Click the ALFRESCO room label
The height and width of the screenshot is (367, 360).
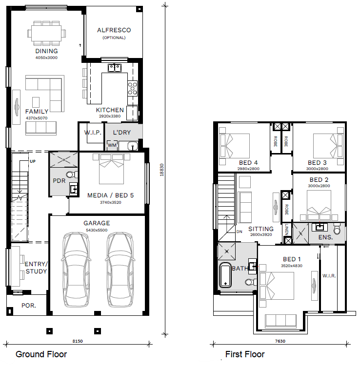(x=114, y=30)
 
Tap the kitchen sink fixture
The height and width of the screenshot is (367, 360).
(x=115, y=68)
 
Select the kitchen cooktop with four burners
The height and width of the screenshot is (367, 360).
(x=132, y=89)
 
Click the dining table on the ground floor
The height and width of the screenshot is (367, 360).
(x=46, y=33)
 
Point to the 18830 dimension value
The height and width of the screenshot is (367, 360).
(x=161, y=170)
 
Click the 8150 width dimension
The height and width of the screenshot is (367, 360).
(x=78, y=341)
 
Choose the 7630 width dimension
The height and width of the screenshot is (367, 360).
(x=280, y=341)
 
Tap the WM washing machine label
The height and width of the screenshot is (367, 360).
(x=112, y=145)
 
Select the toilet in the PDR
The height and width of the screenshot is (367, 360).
(x=72, y=174)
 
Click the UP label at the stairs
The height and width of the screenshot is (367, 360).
(x=33, y=161)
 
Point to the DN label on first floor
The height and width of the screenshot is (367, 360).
(x=239, y=232)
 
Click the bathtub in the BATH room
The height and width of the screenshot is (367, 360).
(x=225, y=275)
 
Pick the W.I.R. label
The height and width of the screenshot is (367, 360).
(x=329, y=276)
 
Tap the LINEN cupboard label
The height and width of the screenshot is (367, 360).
(x=286, y=229)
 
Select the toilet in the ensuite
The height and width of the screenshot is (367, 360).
(x=337, y=229)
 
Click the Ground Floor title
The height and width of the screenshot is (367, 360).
(x=41, y=354)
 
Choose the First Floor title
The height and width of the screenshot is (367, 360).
(x=245, y=354)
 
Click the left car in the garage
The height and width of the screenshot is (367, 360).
(x=76, y=270)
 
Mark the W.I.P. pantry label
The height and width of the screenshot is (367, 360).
(x=93, y=133)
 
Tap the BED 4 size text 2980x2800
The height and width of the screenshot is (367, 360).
(x=248, y=169)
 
